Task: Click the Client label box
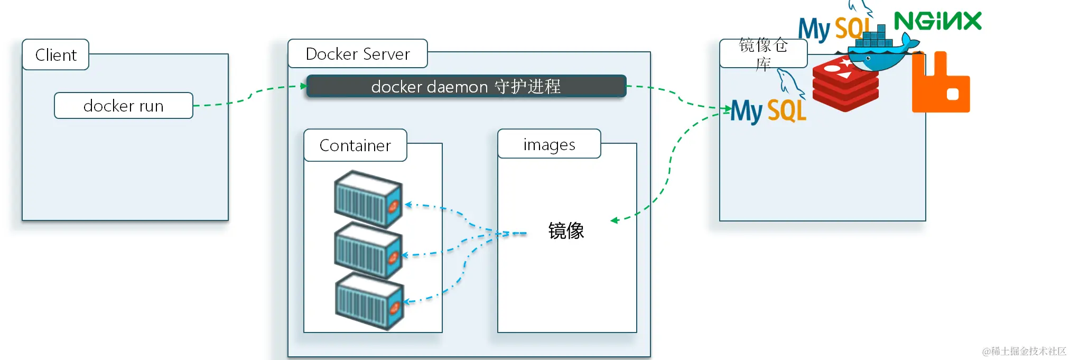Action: pyautogui.click(x=55, y=54)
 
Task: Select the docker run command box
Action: pyautogui.click(x=123, y=106)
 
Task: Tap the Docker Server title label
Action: pyautogui.click(x=358, y=54)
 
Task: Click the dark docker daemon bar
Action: pyautogui.click(x=466, y=86)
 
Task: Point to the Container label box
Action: pyautogui.click(x=355, y=145)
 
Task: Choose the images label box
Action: pyautogui.click(x=549, y=144)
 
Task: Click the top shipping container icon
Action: pyautogui.click(x=368, y=199)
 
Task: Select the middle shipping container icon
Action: pyautogui.click(x=368, y=251)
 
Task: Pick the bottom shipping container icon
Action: pyautogui.click(x=369, y=301)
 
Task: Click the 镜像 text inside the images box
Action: pyautogui.click(x=566, y=231)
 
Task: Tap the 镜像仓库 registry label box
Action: pyautogui.click(x=763, y=53)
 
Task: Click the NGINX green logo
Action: pyautogui.click(x=937, y=22)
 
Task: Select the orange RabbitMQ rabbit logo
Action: pyautogui.click(x=941, y=85)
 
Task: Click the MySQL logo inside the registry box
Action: pyautogui.click(x=769, y=109)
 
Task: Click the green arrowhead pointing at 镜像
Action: pyautogui.click(x=614, y=220)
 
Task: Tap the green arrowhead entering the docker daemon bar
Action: pyautogui.click(x=303, y=86)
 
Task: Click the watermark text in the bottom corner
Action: pyautogui.click(x=1024, y=351)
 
